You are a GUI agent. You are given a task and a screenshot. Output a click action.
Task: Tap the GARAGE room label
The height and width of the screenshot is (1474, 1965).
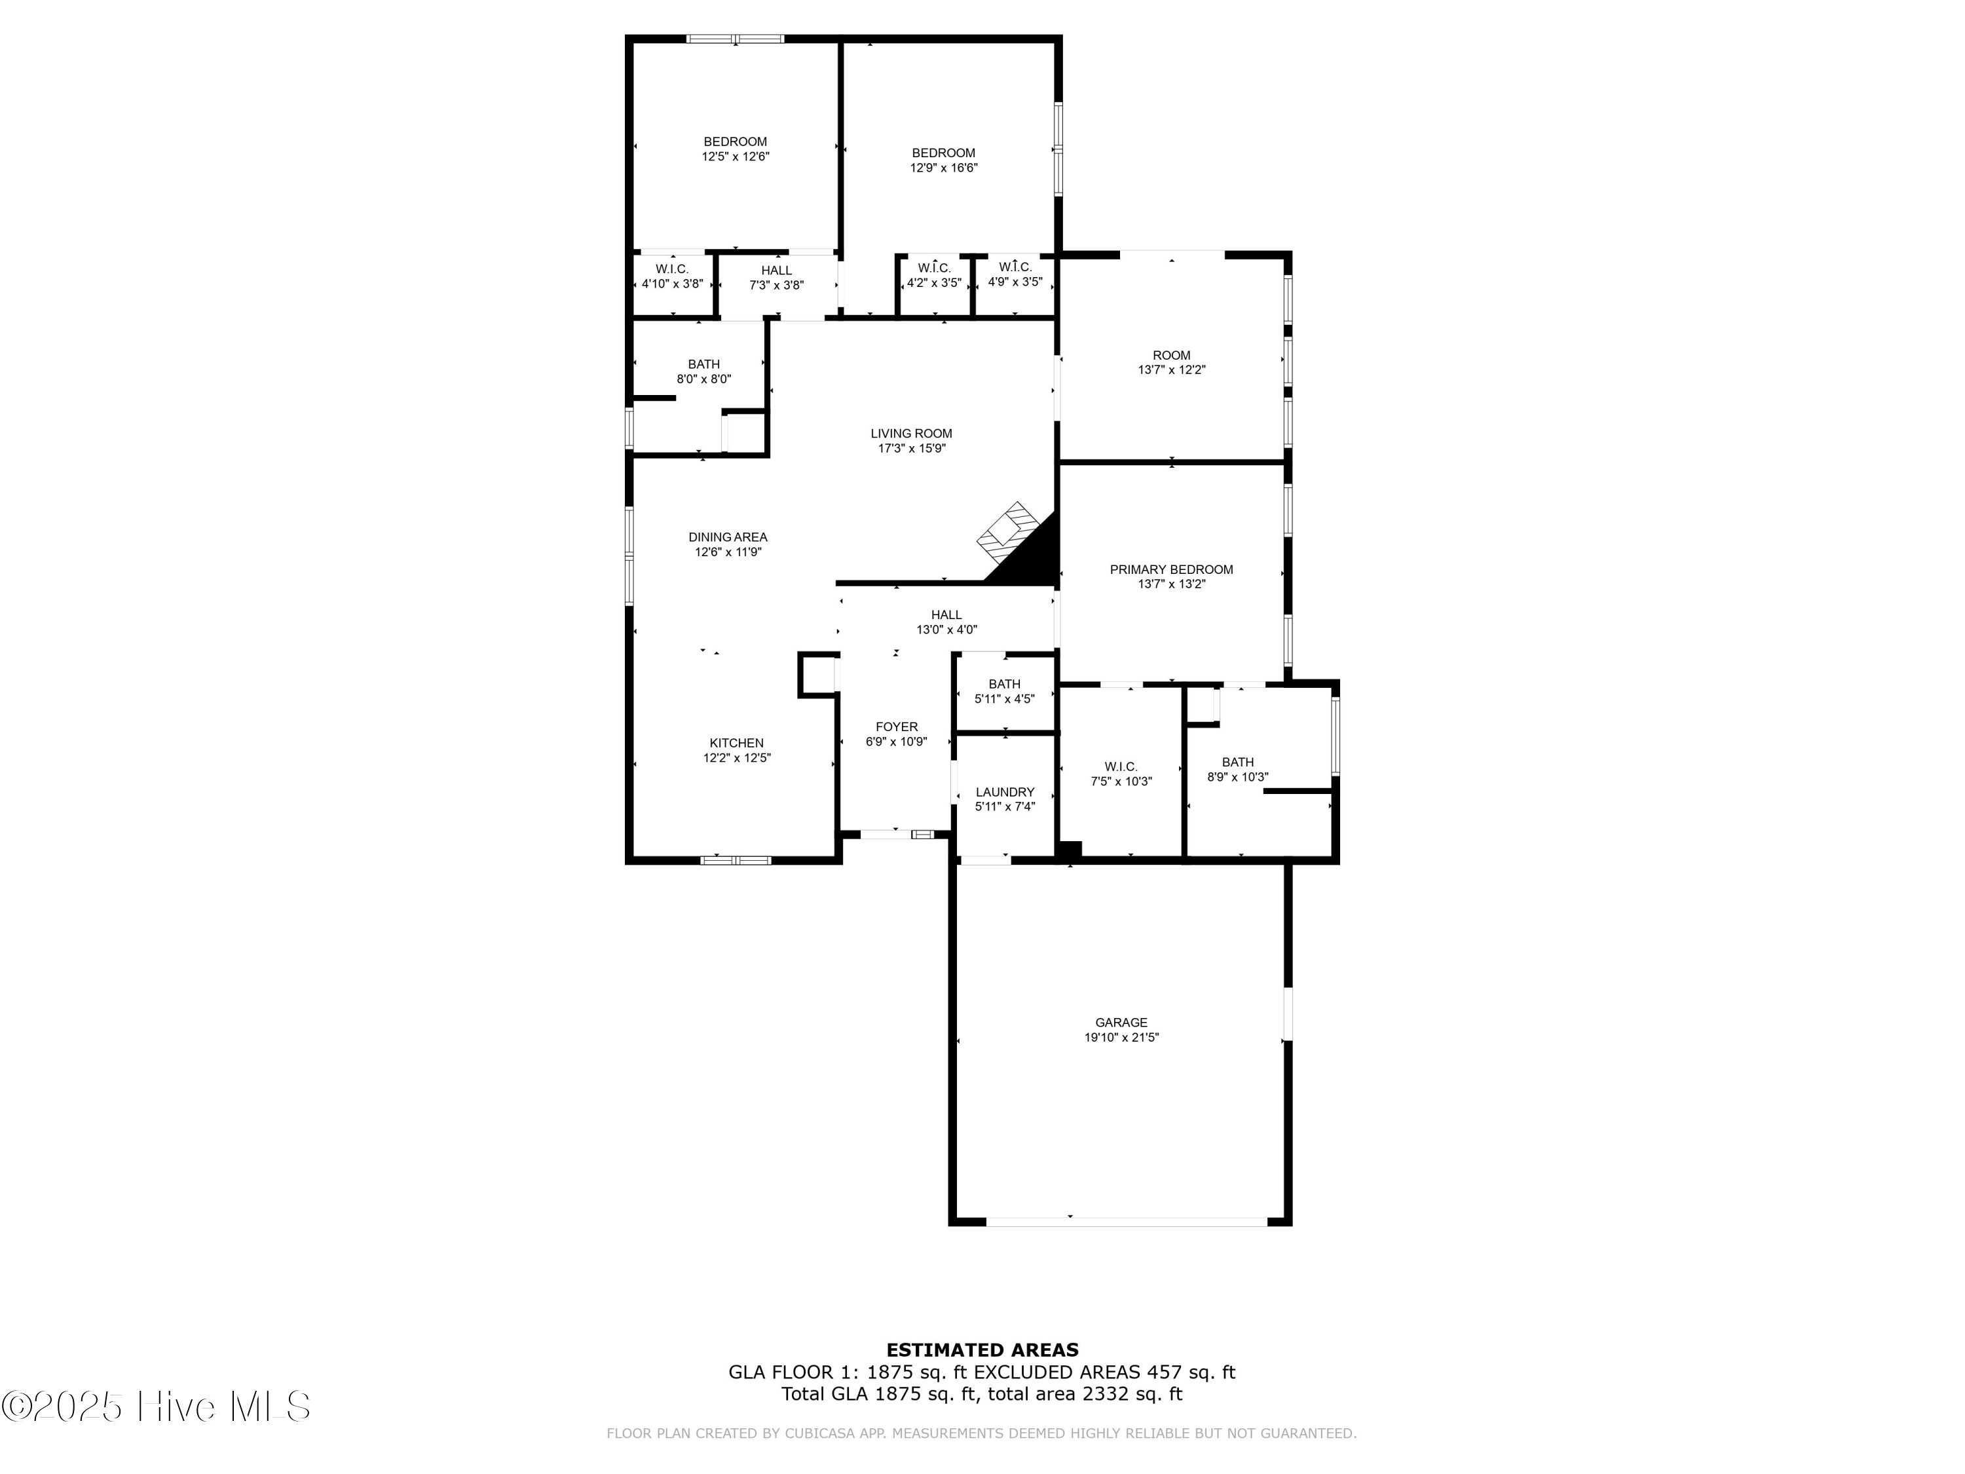1121,1023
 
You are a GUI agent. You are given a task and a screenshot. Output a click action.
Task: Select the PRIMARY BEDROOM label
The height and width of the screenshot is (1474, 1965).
1171,569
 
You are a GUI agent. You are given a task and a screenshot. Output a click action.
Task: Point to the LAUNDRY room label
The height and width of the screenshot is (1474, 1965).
1005,791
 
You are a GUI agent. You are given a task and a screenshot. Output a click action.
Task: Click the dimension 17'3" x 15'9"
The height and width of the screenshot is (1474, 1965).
912,449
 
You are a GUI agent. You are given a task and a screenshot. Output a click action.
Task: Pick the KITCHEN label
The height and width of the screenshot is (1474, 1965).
736,743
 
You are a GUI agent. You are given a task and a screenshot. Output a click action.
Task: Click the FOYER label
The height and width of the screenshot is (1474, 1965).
896,727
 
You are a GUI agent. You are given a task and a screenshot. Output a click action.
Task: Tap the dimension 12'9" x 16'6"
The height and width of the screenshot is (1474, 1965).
943,167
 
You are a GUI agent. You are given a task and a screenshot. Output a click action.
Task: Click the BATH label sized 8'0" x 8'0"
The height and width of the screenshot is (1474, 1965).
703,364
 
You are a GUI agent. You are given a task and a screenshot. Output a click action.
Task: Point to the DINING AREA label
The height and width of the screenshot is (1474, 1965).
728,537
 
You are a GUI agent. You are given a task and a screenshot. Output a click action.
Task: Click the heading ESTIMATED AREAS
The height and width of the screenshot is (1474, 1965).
982,1350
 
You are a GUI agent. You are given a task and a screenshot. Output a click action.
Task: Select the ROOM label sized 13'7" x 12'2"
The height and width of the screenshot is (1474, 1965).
1171,355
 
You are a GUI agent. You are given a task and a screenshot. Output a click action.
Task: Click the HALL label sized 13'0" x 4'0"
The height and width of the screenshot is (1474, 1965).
946,615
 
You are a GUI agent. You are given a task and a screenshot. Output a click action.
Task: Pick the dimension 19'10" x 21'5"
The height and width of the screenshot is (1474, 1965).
1121,1037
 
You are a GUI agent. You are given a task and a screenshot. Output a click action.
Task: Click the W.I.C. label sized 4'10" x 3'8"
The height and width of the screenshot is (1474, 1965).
671,269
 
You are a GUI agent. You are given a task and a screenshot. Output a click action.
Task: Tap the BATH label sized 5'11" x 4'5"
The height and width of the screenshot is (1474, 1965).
1004,684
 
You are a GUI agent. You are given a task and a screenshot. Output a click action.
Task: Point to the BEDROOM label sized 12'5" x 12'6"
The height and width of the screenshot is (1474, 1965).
735,142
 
